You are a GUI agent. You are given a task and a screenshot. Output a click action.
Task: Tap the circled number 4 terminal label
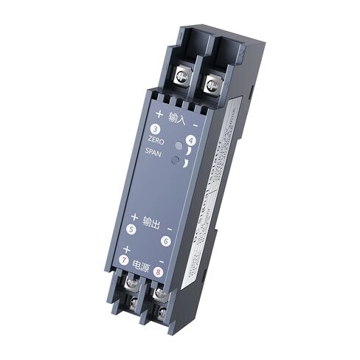pos(190,139)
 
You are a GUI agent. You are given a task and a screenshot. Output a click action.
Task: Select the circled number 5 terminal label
pos(131,229)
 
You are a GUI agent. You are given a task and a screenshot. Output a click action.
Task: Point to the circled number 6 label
pos(166,240)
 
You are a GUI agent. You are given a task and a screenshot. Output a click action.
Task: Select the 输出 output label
pos(150,222)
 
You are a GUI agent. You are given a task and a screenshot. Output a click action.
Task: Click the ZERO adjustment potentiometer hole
pos(180,146)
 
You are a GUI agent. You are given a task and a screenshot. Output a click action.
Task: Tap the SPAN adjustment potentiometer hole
pos(175,159)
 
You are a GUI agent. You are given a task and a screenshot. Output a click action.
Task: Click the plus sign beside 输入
pos(159,114)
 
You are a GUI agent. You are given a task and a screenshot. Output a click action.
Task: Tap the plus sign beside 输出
pos(134,217)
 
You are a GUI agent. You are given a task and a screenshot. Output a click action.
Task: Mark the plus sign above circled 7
pos(126,249)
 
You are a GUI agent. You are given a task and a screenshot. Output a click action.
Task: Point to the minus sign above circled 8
pos(161,260)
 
